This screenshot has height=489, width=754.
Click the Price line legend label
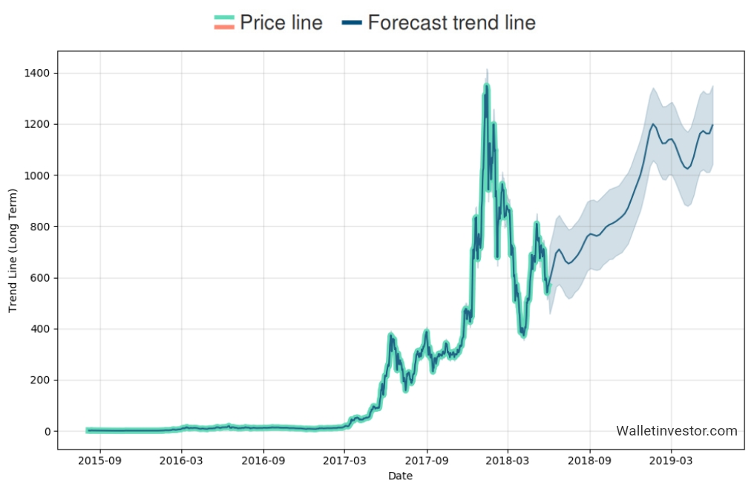281,23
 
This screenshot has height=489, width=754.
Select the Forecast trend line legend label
451,23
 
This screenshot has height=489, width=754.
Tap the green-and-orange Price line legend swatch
223,23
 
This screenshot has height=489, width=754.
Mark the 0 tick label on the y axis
47,432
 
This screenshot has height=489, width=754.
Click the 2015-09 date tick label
100,462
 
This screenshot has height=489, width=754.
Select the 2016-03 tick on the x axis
182,462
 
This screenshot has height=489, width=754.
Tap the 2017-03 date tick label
345,462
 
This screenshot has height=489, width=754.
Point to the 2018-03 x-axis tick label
508,462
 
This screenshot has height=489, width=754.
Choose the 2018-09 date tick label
590,462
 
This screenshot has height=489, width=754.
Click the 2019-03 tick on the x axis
672,462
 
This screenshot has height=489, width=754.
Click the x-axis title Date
400,476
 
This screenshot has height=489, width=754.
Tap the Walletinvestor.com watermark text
677,431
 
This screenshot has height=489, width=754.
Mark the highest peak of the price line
487,85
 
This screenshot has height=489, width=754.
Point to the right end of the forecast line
712,125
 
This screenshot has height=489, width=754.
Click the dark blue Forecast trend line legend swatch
352,23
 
